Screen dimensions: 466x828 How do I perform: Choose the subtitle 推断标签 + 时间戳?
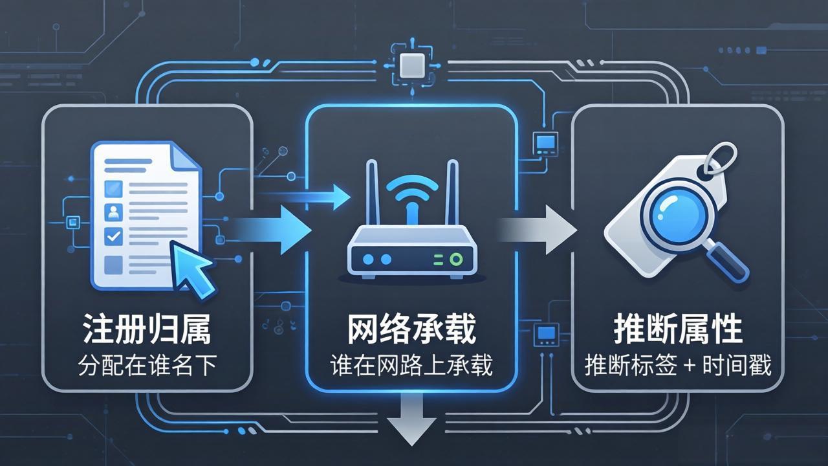(x=677, y=366)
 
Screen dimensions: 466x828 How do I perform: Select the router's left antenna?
(x=372, y=194)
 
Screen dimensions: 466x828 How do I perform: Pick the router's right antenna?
(x=452, y=194)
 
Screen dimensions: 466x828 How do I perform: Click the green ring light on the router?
(x=456, y=260)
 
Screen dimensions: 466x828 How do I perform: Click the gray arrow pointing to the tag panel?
(x=539, y=230)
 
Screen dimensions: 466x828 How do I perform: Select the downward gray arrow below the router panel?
(x=411, y=421)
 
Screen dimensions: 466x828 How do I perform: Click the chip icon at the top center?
(x=411, y=65)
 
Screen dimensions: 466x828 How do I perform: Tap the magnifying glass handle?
(x=727, y=261)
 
